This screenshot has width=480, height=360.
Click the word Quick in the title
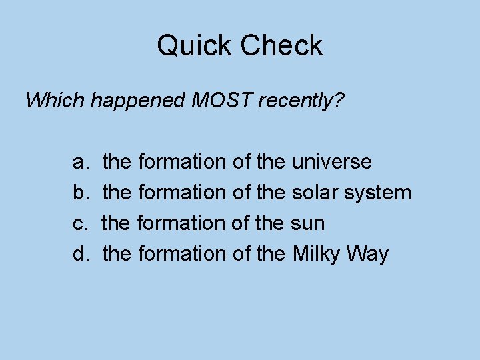194,46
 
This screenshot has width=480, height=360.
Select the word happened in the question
138,101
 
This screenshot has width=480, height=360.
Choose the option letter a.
79,162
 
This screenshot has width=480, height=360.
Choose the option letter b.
79,193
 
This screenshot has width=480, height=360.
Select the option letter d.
79,253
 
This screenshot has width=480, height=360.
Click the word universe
332,162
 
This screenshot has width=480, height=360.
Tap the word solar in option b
315,193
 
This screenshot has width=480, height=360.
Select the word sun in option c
309,223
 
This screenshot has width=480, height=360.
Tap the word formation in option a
181,162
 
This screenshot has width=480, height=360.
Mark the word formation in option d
181,253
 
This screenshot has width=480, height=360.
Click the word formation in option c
180,223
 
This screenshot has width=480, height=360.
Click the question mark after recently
339,101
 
